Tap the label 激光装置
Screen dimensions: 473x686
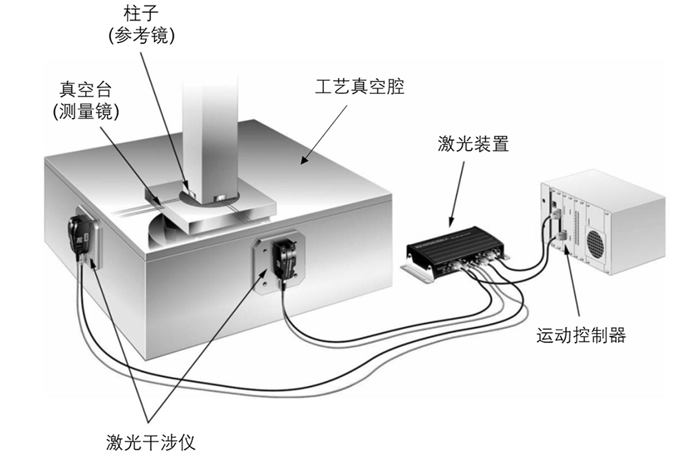click(x=473, y=145)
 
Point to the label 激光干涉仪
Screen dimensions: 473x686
click(x=151, y=442)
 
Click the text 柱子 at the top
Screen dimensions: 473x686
click(x=142, y=12)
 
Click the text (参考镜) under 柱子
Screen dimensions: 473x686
click(x=142, y=36)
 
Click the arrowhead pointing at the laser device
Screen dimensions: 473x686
click(x=451, y=223)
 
